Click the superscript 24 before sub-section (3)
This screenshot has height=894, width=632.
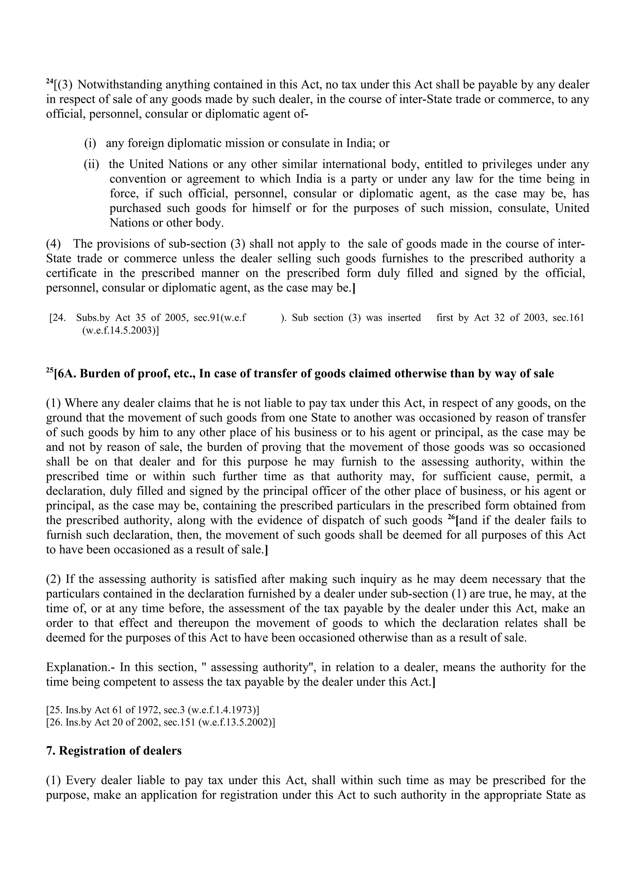pos(49,81)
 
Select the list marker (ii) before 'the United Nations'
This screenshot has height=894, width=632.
pos(92,164)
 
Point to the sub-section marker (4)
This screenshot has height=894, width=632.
pos(53,244)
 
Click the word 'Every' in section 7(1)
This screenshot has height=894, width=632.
pos(81,780)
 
